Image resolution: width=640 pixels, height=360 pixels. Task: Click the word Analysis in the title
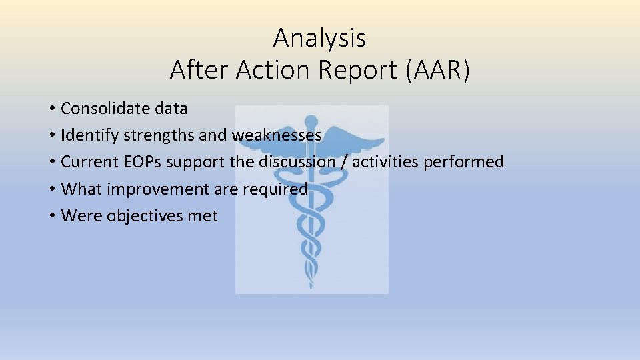tap(319, 37)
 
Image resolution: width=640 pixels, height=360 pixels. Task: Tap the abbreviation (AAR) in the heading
tap(437, 69)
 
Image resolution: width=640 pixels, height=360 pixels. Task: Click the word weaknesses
tap(277, 135)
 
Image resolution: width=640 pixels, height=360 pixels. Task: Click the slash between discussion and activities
tap(344, 162)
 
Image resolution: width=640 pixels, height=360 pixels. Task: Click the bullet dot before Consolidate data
tap(51, 109)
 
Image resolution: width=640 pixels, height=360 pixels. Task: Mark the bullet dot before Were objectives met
tap(51, 217)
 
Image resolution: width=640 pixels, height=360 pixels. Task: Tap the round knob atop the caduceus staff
tap(310, 121)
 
